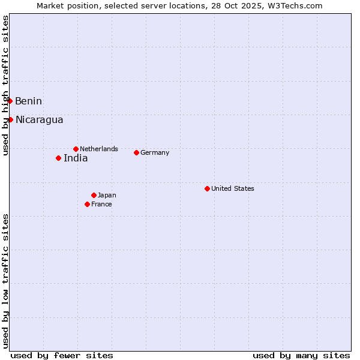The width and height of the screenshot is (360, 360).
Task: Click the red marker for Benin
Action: (10, 101)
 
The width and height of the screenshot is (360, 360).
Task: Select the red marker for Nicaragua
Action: (10, 119)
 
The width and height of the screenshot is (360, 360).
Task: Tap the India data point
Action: (58, 158)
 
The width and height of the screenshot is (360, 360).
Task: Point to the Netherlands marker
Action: (76, 149)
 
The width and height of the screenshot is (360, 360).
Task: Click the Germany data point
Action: (136, 152)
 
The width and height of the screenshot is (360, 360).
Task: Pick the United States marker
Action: (207, 188)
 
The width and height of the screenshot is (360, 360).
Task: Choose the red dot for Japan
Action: (94, 195)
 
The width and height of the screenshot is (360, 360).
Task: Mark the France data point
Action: (87, 204)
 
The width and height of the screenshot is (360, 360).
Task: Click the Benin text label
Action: (28, 101)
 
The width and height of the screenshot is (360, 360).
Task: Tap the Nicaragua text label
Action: (39, 119)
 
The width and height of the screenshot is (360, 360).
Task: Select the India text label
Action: (76, 158)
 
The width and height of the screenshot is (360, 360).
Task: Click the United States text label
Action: (233, 188)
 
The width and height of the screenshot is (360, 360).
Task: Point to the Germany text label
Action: (155, 152)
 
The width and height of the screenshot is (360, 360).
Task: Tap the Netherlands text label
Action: (99, 149)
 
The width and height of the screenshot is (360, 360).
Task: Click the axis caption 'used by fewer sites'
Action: (62, 355)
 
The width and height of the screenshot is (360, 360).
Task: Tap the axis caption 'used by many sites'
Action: (301, 355)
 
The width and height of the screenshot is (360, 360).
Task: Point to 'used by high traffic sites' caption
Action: (6, 86)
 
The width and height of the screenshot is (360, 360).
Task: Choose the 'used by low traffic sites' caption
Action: (6, 281)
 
